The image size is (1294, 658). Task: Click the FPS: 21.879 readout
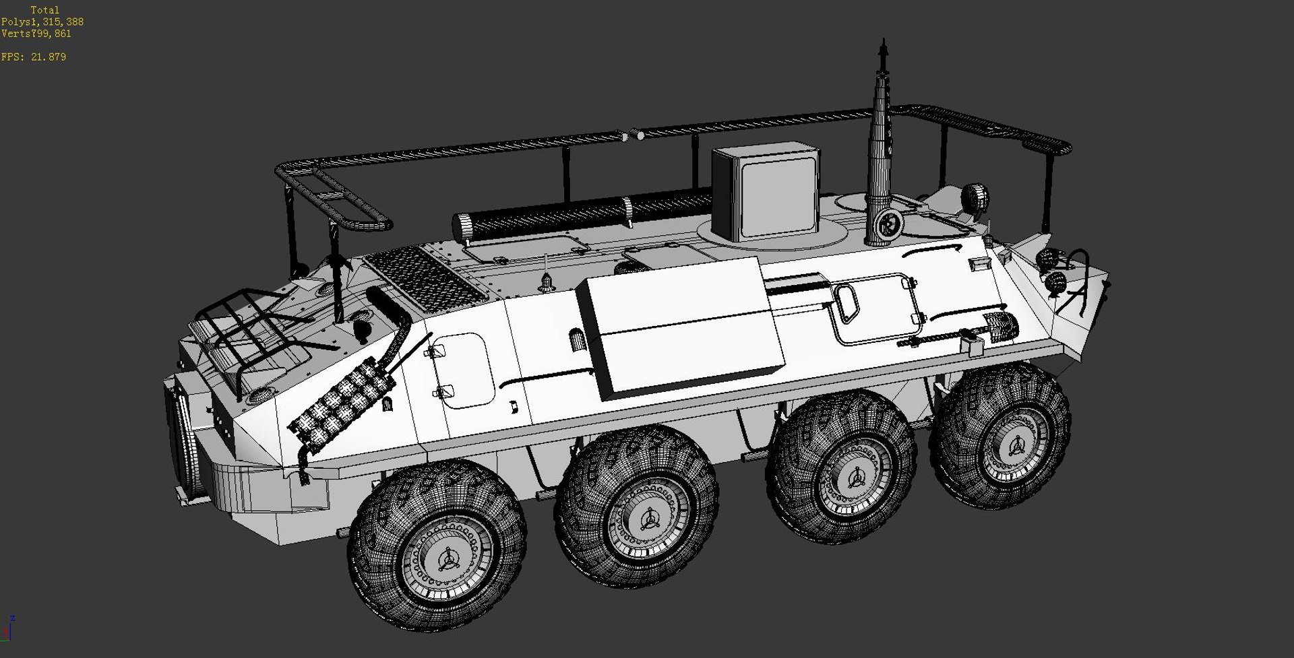pos(34,57)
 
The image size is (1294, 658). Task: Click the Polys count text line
pos(42,22)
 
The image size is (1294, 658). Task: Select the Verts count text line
pos(36,33)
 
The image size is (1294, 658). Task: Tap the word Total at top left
pos(45,10)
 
